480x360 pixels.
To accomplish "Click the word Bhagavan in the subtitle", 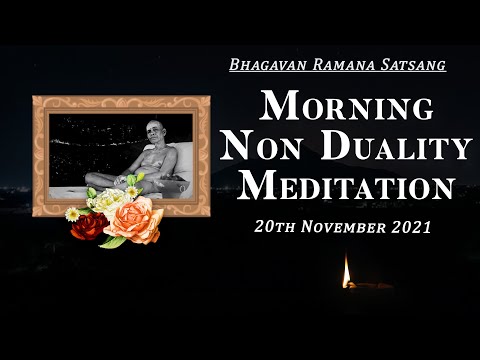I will (x=263, y=64).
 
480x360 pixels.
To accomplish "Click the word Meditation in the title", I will (x=346, y=187).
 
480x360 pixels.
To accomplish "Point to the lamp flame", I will (x=347, y=270).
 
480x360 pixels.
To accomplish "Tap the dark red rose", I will (x=90, y=225).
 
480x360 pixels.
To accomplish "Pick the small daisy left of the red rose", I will (x=72, y=213).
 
